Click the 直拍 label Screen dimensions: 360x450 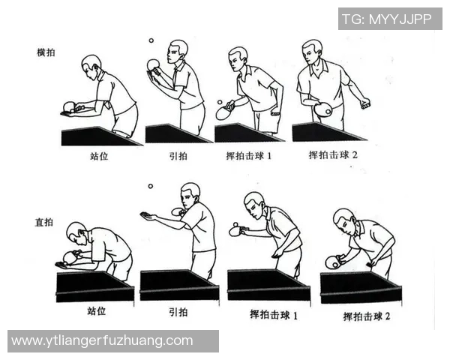(x=46, y=223)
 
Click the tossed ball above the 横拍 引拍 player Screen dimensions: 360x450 (x=151, y=40)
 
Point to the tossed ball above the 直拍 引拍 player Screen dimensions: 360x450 (x=150, y=186)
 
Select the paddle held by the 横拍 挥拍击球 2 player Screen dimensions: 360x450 (x=323, y=109)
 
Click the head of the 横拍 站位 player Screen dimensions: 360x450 (x=91, y=64)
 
